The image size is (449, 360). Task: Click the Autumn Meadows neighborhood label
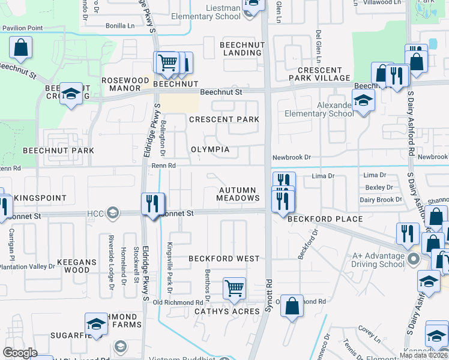pyautogui.click(x=238, y=194)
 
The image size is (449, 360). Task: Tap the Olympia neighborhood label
pyautogui.click(x=211, y=149)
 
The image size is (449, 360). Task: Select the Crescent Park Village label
pyautogui.click(x=319, y=74)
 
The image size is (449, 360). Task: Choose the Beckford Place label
pyautogui.click(x=325, y=220)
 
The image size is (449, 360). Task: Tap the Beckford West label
pyautogui.click(x=224, y=259)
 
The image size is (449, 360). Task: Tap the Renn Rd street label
pyautogui.click(x=163, y=166)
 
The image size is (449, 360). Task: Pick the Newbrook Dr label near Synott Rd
pyautogui.click(x=291, y=157)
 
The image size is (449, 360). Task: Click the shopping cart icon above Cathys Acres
pyautogui.click(x=234, y=287)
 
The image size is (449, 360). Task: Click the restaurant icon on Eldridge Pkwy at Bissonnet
pyautogui.click(x=152, y=203)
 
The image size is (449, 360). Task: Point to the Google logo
pyautogui.click(x=20, y=353)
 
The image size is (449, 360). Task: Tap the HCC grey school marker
pyautogui.click(x=112, y=213)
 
